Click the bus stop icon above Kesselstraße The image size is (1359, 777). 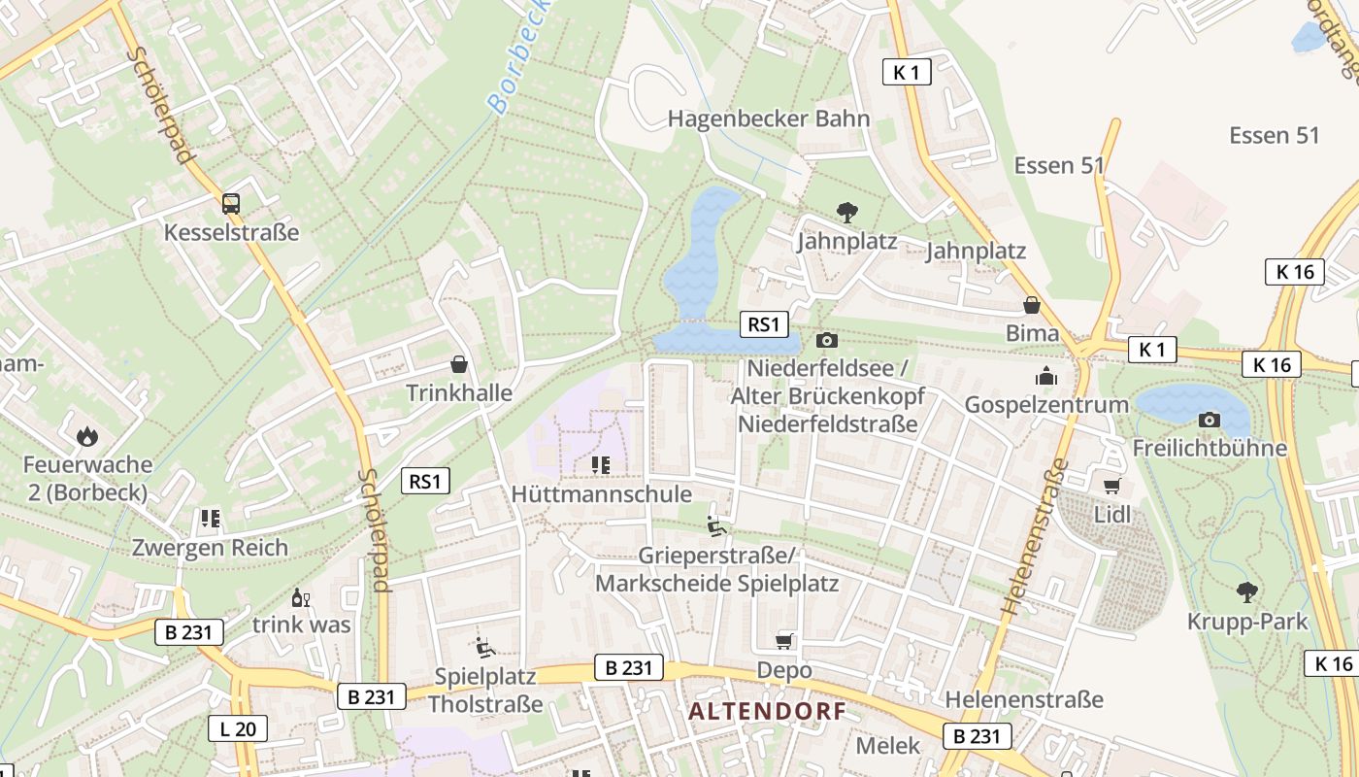[231, 203]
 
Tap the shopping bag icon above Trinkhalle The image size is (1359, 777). [459, 364]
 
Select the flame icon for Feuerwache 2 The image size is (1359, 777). [88, 436]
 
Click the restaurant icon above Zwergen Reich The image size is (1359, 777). [210, 519]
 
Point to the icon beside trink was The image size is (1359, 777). [301, 597]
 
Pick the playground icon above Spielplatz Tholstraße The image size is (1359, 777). [485, 646]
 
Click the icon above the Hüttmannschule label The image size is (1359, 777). [600, 465]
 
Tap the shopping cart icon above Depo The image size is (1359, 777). [784, 641]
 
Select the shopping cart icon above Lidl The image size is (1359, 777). [1112, 486]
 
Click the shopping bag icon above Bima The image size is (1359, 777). [1032, 305]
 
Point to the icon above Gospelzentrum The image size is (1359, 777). [1046, 376]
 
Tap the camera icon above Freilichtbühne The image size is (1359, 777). [1210, 420]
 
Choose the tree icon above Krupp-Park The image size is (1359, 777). [1247, 591]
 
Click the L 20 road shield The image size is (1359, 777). [237, 728]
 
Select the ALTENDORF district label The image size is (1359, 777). [767, 711]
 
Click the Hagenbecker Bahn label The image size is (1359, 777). [769, 118]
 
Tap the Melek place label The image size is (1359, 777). [887, 745]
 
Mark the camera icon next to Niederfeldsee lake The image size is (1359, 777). [827, 340]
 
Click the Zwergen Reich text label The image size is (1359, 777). [211, 547]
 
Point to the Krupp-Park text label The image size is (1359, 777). [1247, 621]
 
